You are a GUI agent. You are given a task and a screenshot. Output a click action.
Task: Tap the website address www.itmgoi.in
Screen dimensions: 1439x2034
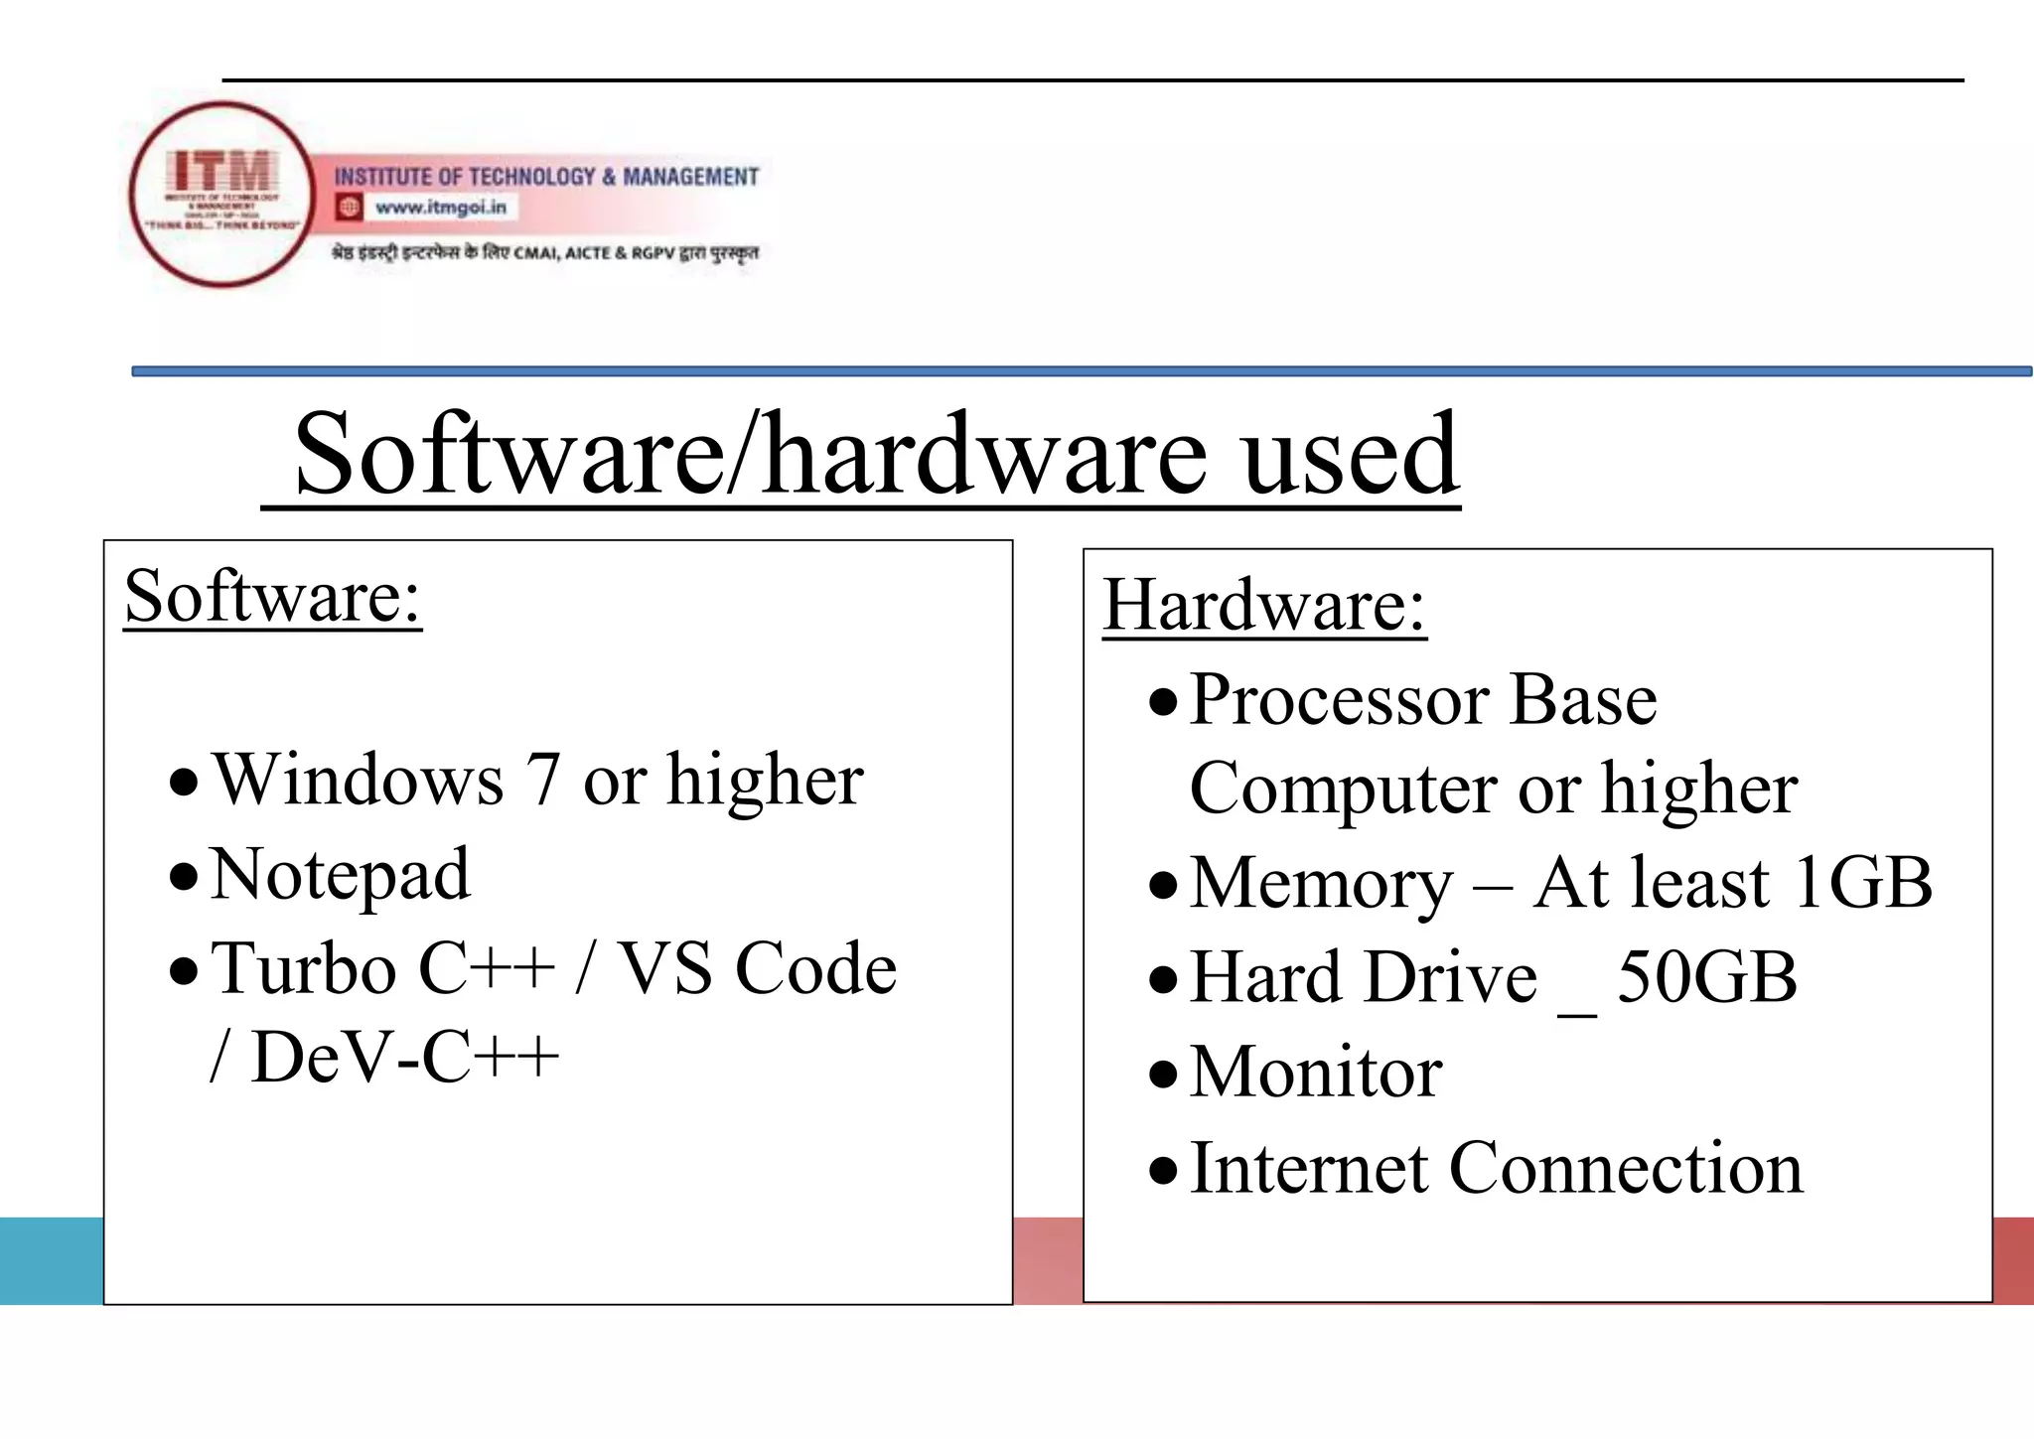440,208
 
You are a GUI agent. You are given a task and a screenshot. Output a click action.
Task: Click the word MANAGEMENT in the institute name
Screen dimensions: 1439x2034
690,177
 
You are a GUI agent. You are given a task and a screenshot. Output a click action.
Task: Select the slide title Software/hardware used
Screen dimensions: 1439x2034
876,455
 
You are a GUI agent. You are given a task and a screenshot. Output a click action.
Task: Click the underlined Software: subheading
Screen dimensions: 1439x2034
273,596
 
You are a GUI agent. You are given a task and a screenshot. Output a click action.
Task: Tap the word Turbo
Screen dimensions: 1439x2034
304,969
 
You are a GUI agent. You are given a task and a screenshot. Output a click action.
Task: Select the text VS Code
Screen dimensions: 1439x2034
757,969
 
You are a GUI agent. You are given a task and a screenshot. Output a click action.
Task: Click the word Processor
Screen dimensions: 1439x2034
1338,700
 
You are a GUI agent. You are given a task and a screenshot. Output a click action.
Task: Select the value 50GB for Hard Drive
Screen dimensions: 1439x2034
1706,978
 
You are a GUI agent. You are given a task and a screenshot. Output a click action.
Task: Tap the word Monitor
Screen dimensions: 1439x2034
1316,1074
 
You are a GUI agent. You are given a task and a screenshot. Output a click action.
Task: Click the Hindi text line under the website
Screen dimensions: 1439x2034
544,253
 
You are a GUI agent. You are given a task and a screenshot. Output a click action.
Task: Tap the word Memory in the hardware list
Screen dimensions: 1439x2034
1321,883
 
